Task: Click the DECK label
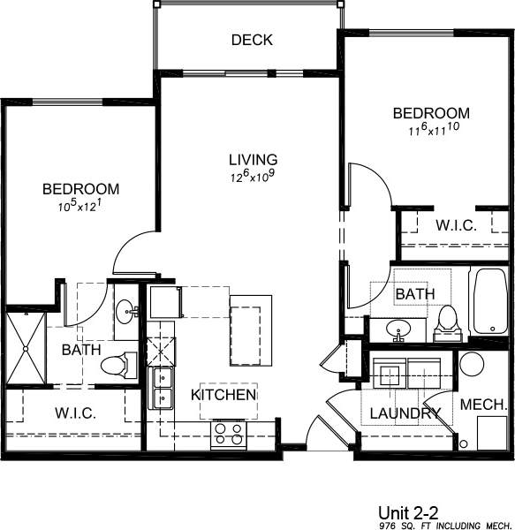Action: pyautogui.click(x=252, y=40)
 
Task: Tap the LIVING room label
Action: pyautogui.click(x=254, y=160)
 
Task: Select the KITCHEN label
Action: pyautogui.click(x=224, y=394)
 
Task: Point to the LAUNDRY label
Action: pyautogui.click(x=405, y=413)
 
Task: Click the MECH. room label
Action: pyautogui.click(x=481, y=405)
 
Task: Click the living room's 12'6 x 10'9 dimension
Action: pyautogui.click(x=254, y=177)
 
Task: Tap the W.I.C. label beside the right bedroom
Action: pyautogui.click(x=456, y=225)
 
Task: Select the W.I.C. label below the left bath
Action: pyautogui.click(x=75, y=413)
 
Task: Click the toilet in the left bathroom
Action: pyautogui.click(x=117, y=364)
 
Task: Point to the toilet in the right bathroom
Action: pyautogui.click(x=449, y=322)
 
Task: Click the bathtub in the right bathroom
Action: pyautogui.click(x=488, y=303)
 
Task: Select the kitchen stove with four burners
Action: pyautogui.click(x=229, y=432)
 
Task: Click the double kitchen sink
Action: pyautogui.click(x=163, y=389)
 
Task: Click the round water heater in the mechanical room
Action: pyautogui.click(x=473, y=366)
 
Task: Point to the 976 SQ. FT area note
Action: pyautogui.click(x=433, y=525)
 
